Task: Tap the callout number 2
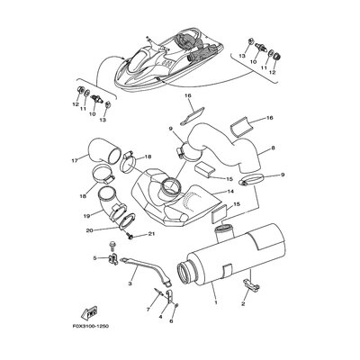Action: coord(243,303)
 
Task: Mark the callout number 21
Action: coord(152,235)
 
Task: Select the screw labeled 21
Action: coord(131,237)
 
